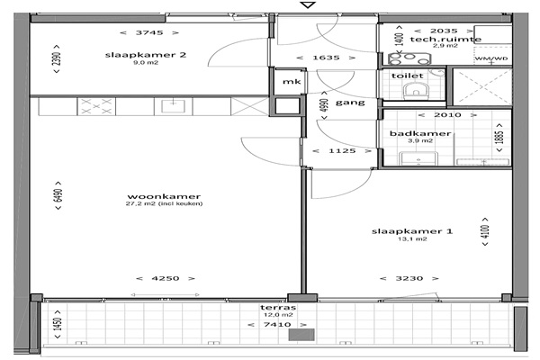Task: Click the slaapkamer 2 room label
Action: pos(145,55)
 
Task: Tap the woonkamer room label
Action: pos(164,197)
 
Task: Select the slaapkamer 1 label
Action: pos(412,231)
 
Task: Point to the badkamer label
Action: pos(420,133)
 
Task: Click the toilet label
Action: pos(408,76)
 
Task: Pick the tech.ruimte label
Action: pos(445,39)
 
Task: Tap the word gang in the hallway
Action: pos(350,103)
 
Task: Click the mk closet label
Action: pos(292,82)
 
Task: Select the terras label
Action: pos(278,307)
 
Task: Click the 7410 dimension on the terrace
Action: pos(277,325)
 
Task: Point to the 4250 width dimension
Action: pos(166,278)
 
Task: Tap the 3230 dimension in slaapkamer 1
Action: pos(409,278)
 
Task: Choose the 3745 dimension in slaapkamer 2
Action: pos(149,32)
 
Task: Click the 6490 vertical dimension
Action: pos(58,195)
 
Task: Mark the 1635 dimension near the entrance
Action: pos(326,58)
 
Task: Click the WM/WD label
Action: pos(491,58)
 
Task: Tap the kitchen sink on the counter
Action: pos(173,106)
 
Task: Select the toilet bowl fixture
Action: pos(415,91)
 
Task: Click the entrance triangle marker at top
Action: pos(308,4)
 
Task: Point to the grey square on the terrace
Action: pos(301,335)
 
